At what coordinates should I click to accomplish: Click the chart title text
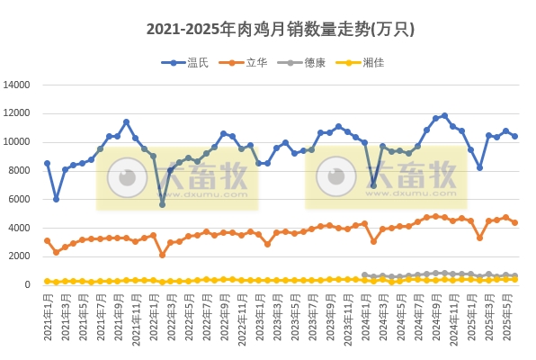pos(267,29)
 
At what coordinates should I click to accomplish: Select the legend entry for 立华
pos(256,62)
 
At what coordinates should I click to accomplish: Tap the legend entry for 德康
pos(316,62)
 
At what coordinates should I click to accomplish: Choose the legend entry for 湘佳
pos(376,62)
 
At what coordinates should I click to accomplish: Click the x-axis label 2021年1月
pos(47,319)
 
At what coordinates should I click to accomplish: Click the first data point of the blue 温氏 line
pos(47,164)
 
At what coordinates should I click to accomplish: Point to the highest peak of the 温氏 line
pos(444,115)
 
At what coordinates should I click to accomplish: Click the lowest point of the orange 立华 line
pos(162,255)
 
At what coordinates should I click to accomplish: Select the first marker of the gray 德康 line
pos(364,275)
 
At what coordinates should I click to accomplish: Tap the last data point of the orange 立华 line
pos(514,222)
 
